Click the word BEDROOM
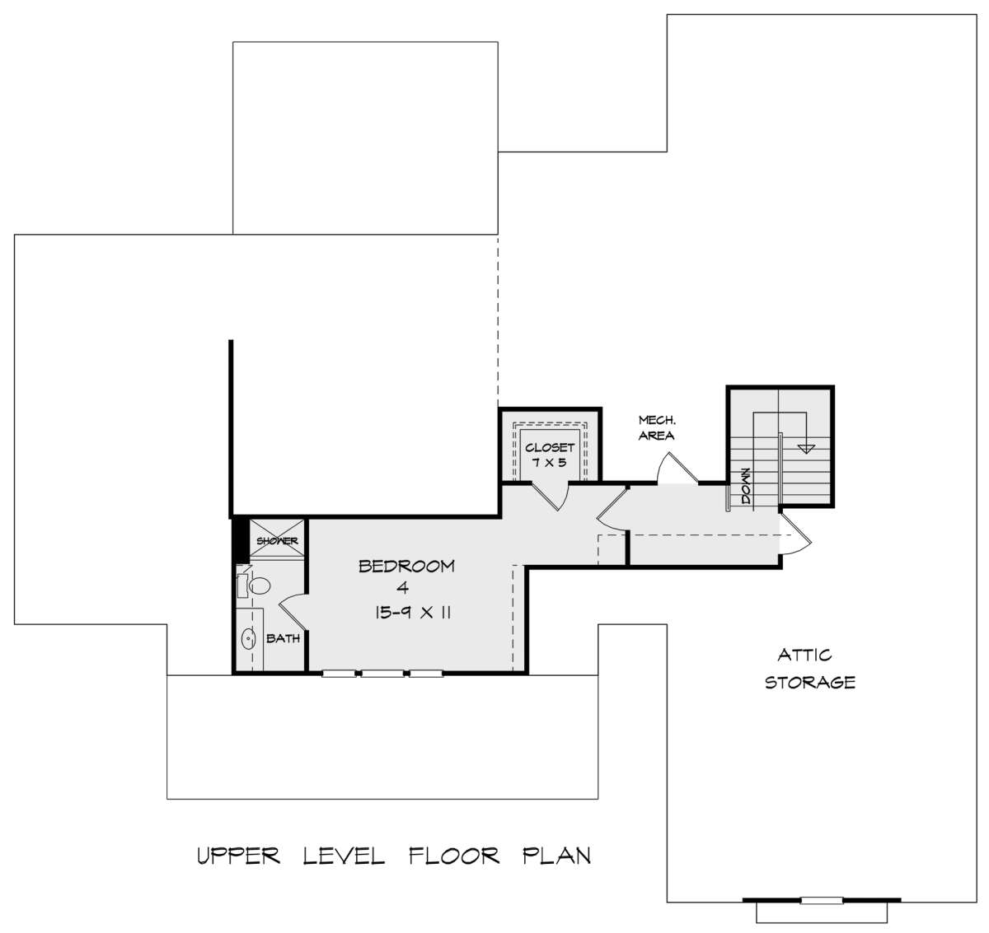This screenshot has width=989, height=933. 406,567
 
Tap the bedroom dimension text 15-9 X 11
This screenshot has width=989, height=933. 413,613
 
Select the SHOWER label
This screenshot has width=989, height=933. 278,541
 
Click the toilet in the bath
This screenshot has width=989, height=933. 254,585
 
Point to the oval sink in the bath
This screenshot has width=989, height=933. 249,638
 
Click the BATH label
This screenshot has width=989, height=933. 283,638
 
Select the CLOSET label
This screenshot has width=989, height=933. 550,447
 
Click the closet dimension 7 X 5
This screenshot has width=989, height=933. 549,463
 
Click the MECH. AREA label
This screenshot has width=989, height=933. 657,428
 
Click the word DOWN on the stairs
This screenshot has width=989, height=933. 746,486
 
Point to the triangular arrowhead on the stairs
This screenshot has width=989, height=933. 806,448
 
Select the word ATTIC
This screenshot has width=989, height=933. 804,655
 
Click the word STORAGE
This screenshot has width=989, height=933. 810,682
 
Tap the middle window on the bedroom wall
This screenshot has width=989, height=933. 382,674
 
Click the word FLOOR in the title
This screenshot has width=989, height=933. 453,856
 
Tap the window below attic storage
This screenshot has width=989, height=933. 822,900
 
